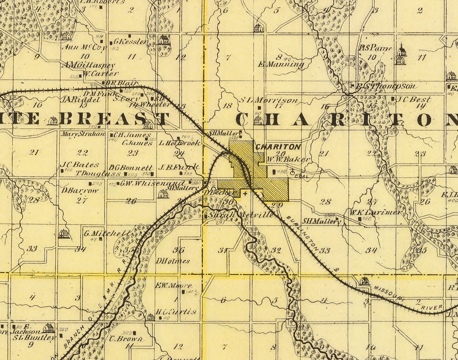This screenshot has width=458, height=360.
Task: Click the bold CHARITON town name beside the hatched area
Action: click(278, 147)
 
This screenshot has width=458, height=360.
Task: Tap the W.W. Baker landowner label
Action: click(288, 159)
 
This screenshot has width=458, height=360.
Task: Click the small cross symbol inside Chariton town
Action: click(245, 193)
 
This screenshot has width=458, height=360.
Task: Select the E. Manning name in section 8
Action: click(281, 64)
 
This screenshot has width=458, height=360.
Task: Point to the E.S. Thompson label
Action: click(386, 86)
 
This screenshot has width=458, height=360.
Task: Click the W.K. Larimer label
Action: click(375, 212)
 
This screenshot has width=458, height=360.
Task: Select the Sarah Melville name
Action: click(241, 215)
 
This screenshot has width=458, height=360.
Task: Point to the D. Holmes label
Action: click(173, 261)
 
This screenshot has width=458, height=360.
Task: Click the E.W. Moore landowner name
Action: click(174, 286)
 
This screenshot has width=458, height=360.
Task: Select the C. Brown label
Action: click(126, 339)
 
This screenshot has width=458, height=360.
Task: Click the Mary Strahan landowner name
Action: click(83, 134)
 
